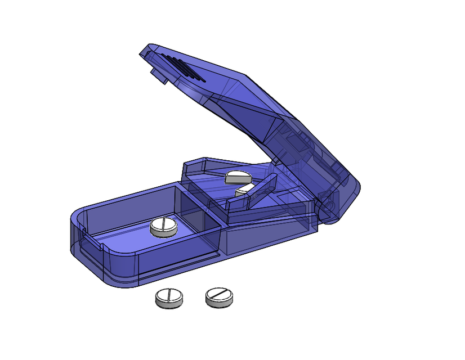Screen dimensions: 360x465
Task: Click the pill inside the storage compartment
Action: (164, 227)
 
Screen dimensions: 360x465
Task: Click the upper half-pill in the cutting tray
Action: (238, 177)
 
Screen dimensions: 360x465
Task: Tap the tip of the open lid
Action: (146, 51)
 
